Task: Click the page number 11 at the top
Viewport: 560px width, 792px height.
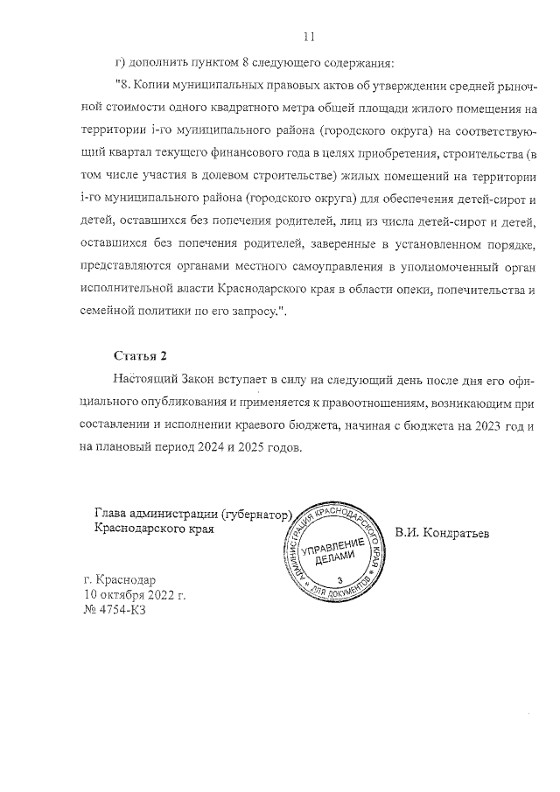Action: click(308, 37)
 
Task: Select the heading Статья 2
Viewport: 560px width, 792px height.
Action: click(139, 355)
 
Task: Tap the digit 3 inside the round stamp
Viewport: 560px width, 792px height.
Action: click(339, 581)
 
